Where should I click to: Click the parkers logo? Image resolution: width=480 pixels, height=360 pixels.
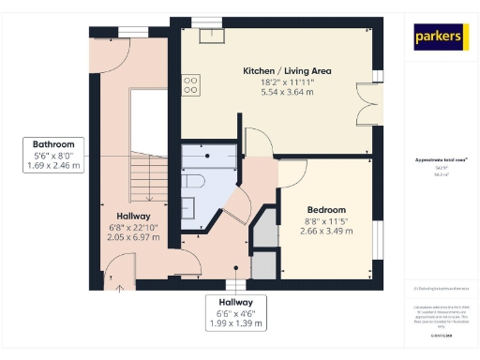440,37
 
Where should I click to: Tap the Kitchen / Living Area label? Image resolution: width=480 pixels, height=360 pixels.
287,71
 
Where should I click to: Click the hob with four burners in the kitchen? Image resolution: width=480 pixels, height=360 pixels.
190,85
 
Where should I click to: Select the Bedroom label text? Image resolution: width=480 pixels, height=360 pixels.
326,209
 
